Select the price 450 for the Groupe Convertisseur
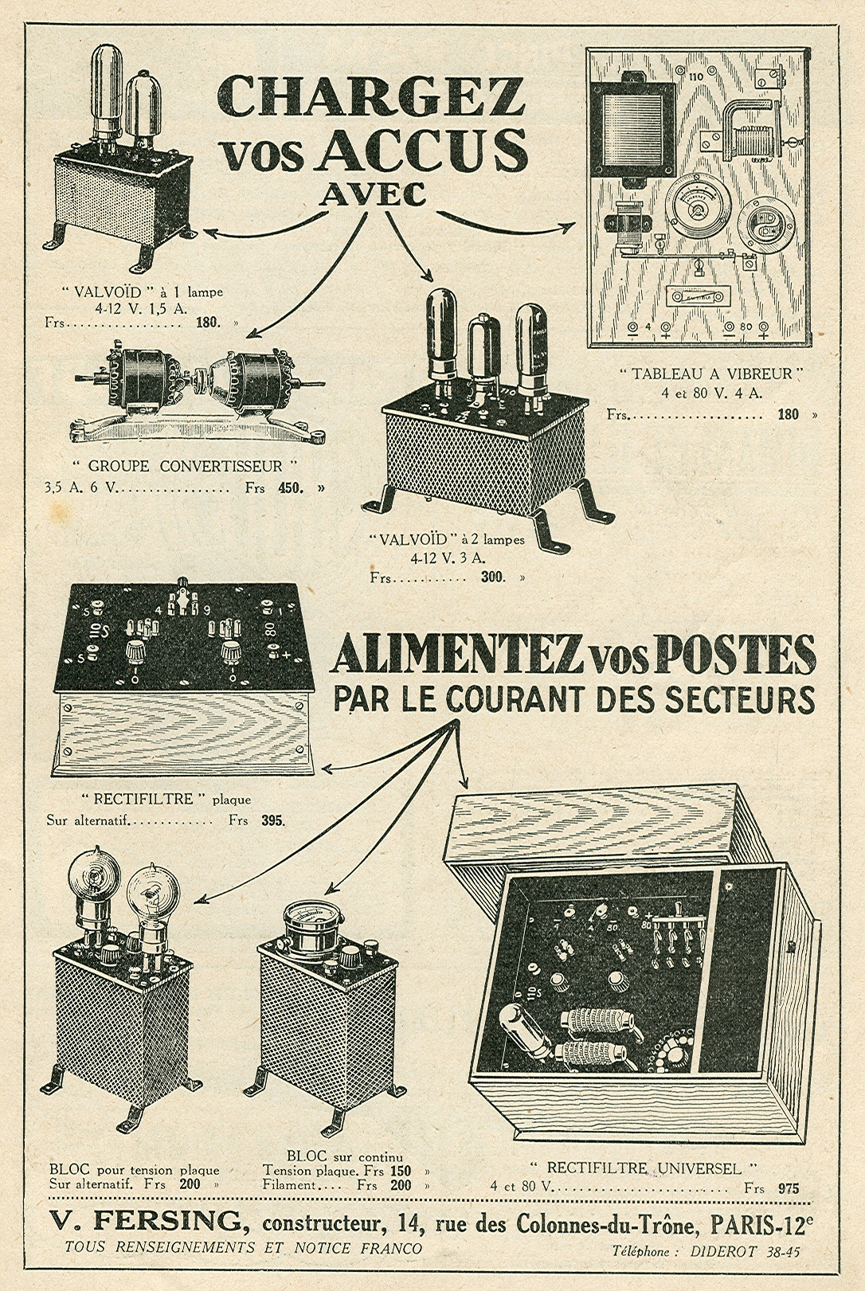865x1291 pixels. (290, 487)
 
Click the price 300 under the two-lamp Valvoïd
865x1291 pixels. (493, 577)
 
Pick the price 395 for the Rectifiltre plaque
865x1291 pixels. (272, 820)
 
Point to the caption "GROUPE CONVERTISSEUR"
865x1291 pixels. (194, 466)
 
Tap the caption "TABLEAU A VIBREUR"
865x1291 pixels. (711, 374)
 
